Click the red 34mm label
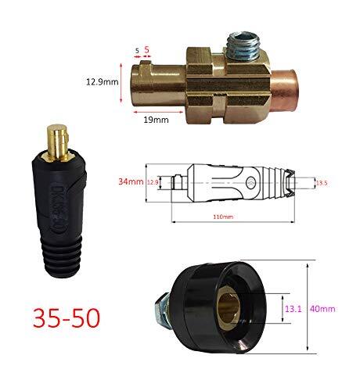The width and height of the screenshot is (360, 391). point(131,181)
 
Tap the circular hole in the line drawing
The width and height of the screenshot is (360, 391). point(248,184)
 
